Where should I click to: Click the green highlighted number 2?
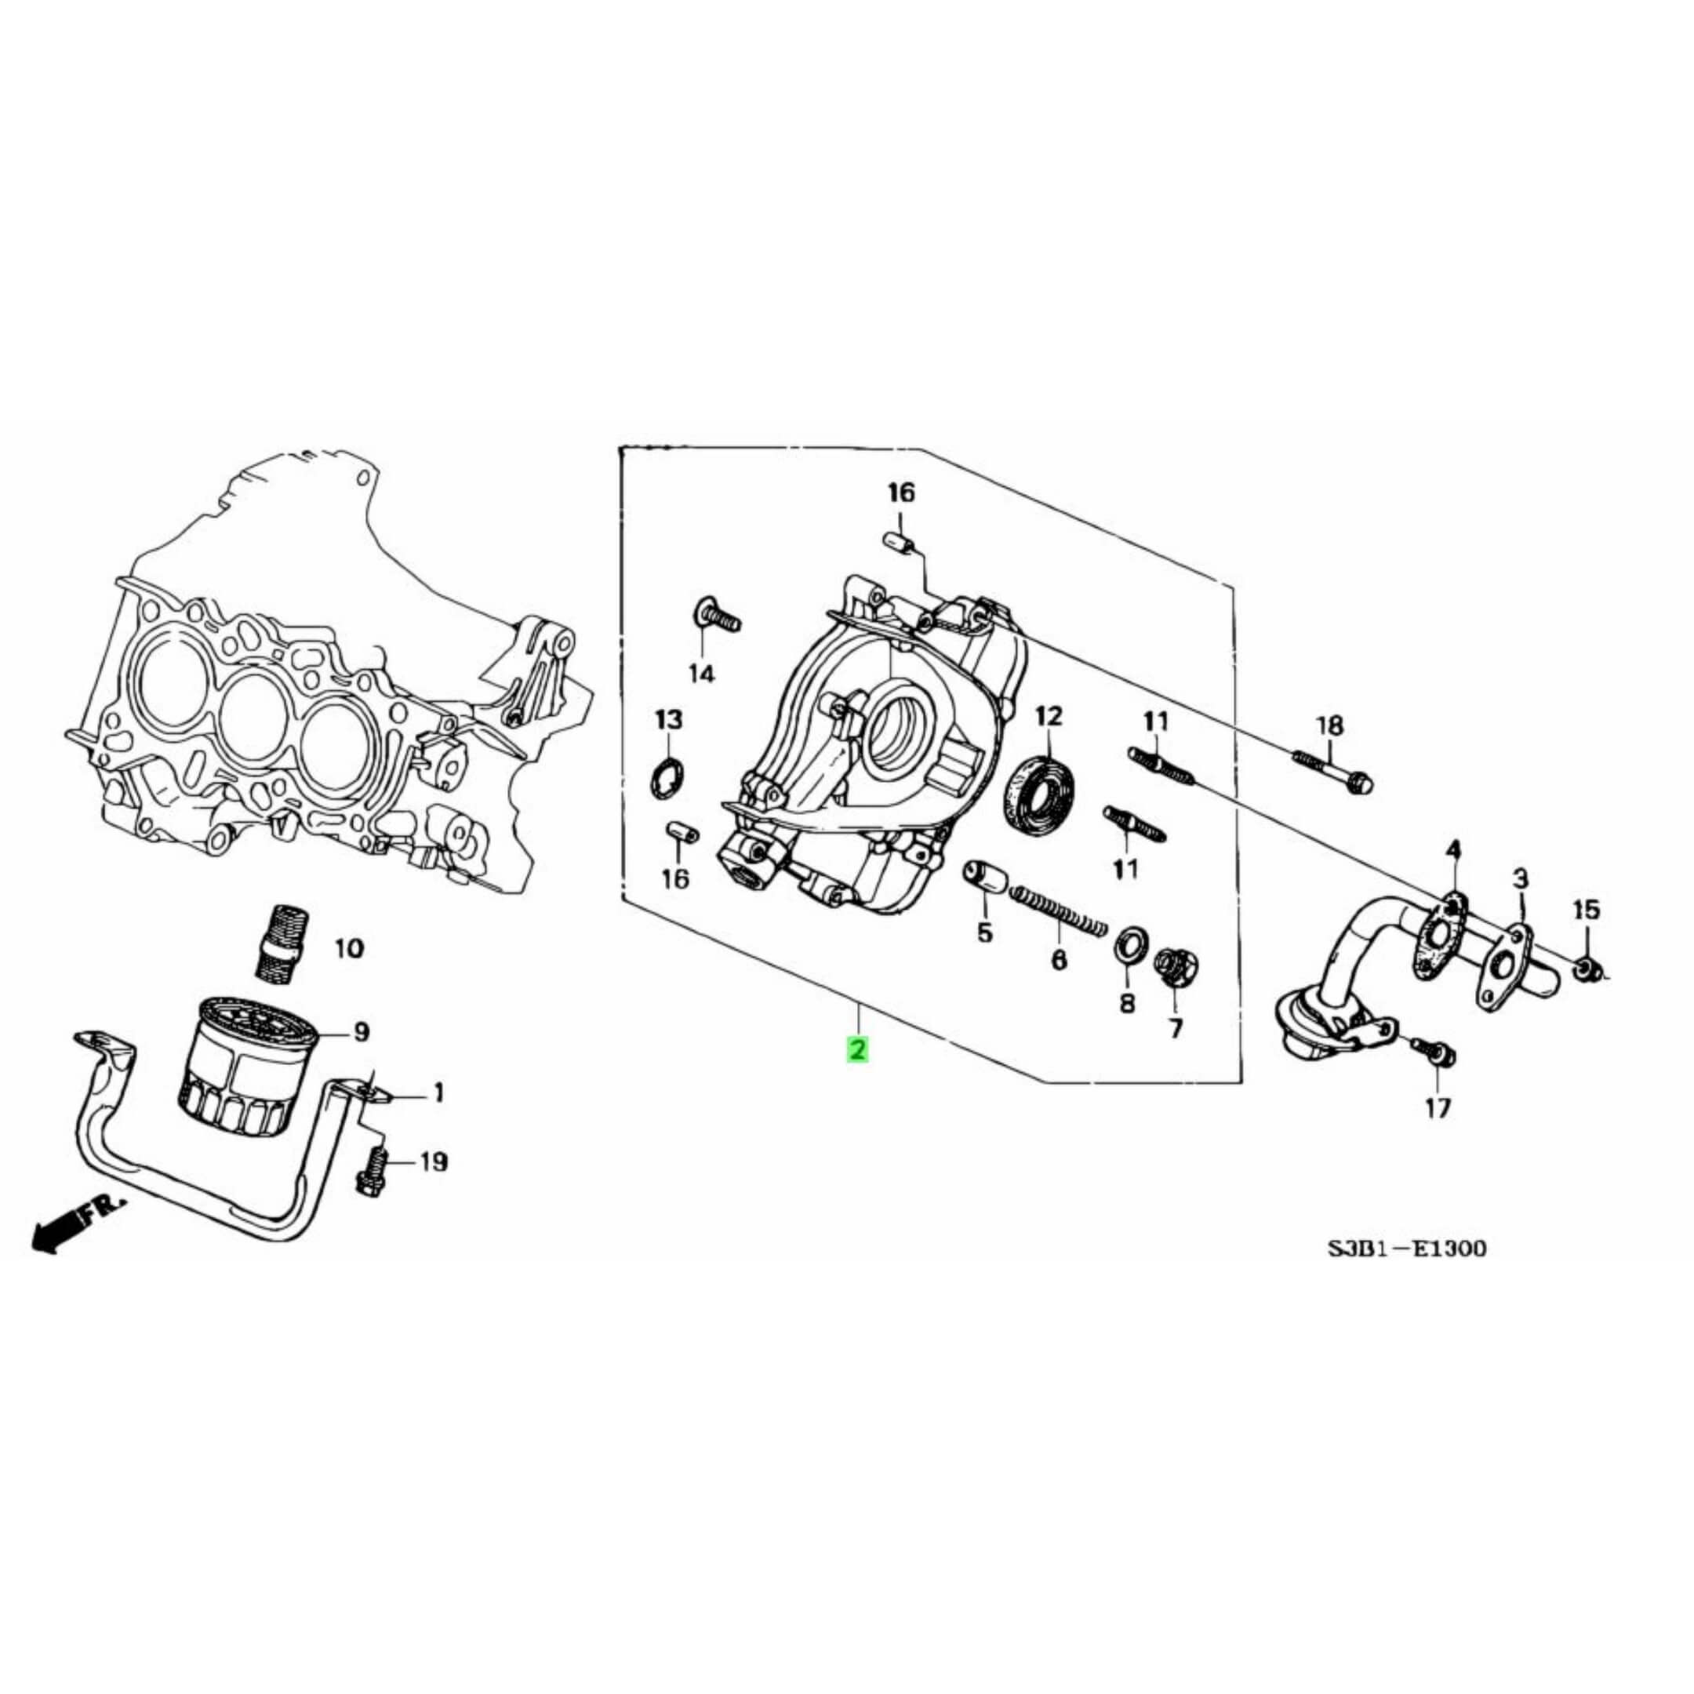856,1048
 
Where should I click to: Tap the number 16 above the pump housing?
900,493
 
